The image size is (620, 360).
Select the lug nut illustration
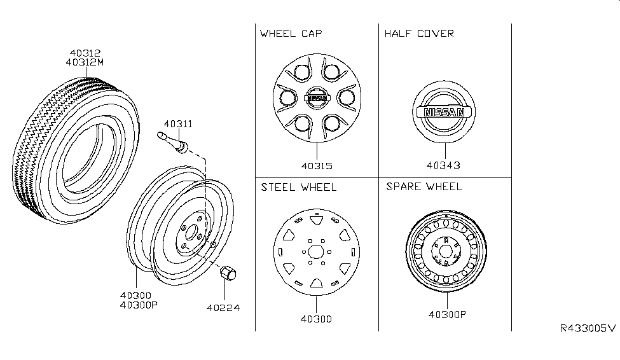(227, 275)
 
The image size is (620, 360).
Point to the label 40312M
(86, 62)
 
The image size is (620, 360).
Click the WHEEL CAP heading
(287, 33)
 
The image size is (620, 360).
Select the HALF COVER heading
(418, 33)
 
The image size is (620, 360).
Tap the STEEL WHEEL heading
(298, 187)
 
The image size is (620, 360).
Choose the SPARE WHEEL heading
(424, 187)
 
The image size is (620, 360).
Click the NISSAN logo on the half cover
(444, 113)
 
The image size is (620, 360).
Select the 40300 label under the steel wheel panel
(316, 319)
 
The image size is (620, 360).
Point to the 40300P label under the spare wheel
(446, 314)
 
